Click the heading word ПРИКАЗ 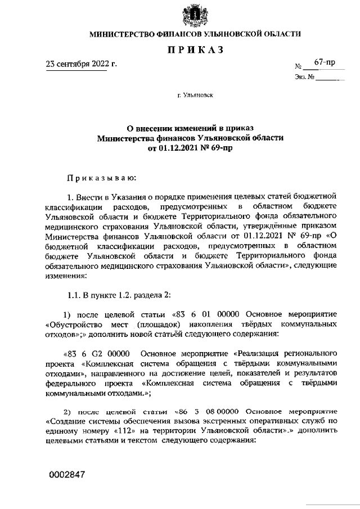pos(195,50)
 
